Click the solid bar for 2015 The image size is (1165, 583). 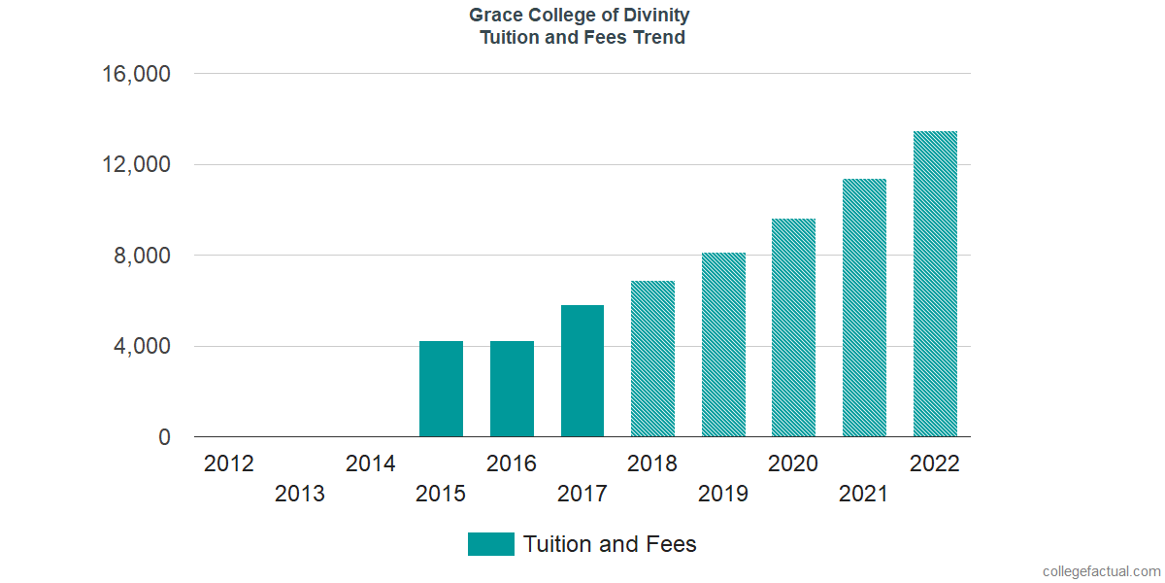pyautogui.click(x=441, y=389)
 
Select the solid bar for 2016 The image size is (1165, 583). pyautogui.click(x=512, y=389)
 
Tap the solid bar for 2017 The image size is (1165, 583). pyautogui.click(x=582, y=371)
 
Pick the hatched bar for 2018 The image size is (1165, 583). pyautogui.click(x=652, y=359)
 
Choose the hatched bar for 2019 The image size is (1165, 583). pyautogui.click(x=723, y=345)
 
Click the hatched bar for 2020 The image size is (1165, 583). pyautogui.click(x=793, y=327)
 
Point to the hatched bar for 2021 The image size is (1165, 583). pyautogui.click(x=864, y=308)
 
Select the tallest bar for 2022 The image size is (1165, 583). pyautogui.click(x=935, y=284)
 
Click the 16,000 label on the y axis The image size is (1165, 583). pyautogui.click(x=136, y=74)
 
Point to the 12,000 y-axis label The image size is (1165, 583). pyautogui.click(x=136, y=165)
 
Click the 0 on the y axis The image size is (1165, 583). pyautogui.click(x=164, y=438)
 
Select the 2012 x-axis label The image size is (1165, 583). pyautogui.click(x=229, y=463)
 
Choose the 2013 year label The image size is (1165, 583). pyautogui.click(x=300, y=494)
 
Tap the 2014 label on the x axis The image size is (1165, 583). pyautogui.click(x=370, y=463)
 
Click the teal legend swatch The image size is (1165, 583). pyautogui.click(x=490, y=544)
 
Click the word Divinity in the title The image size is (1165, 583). pyautogui.click(x=654, y=16)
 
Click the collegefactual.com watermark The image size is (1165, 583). pyautogui.click(x=1100, y=571)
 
